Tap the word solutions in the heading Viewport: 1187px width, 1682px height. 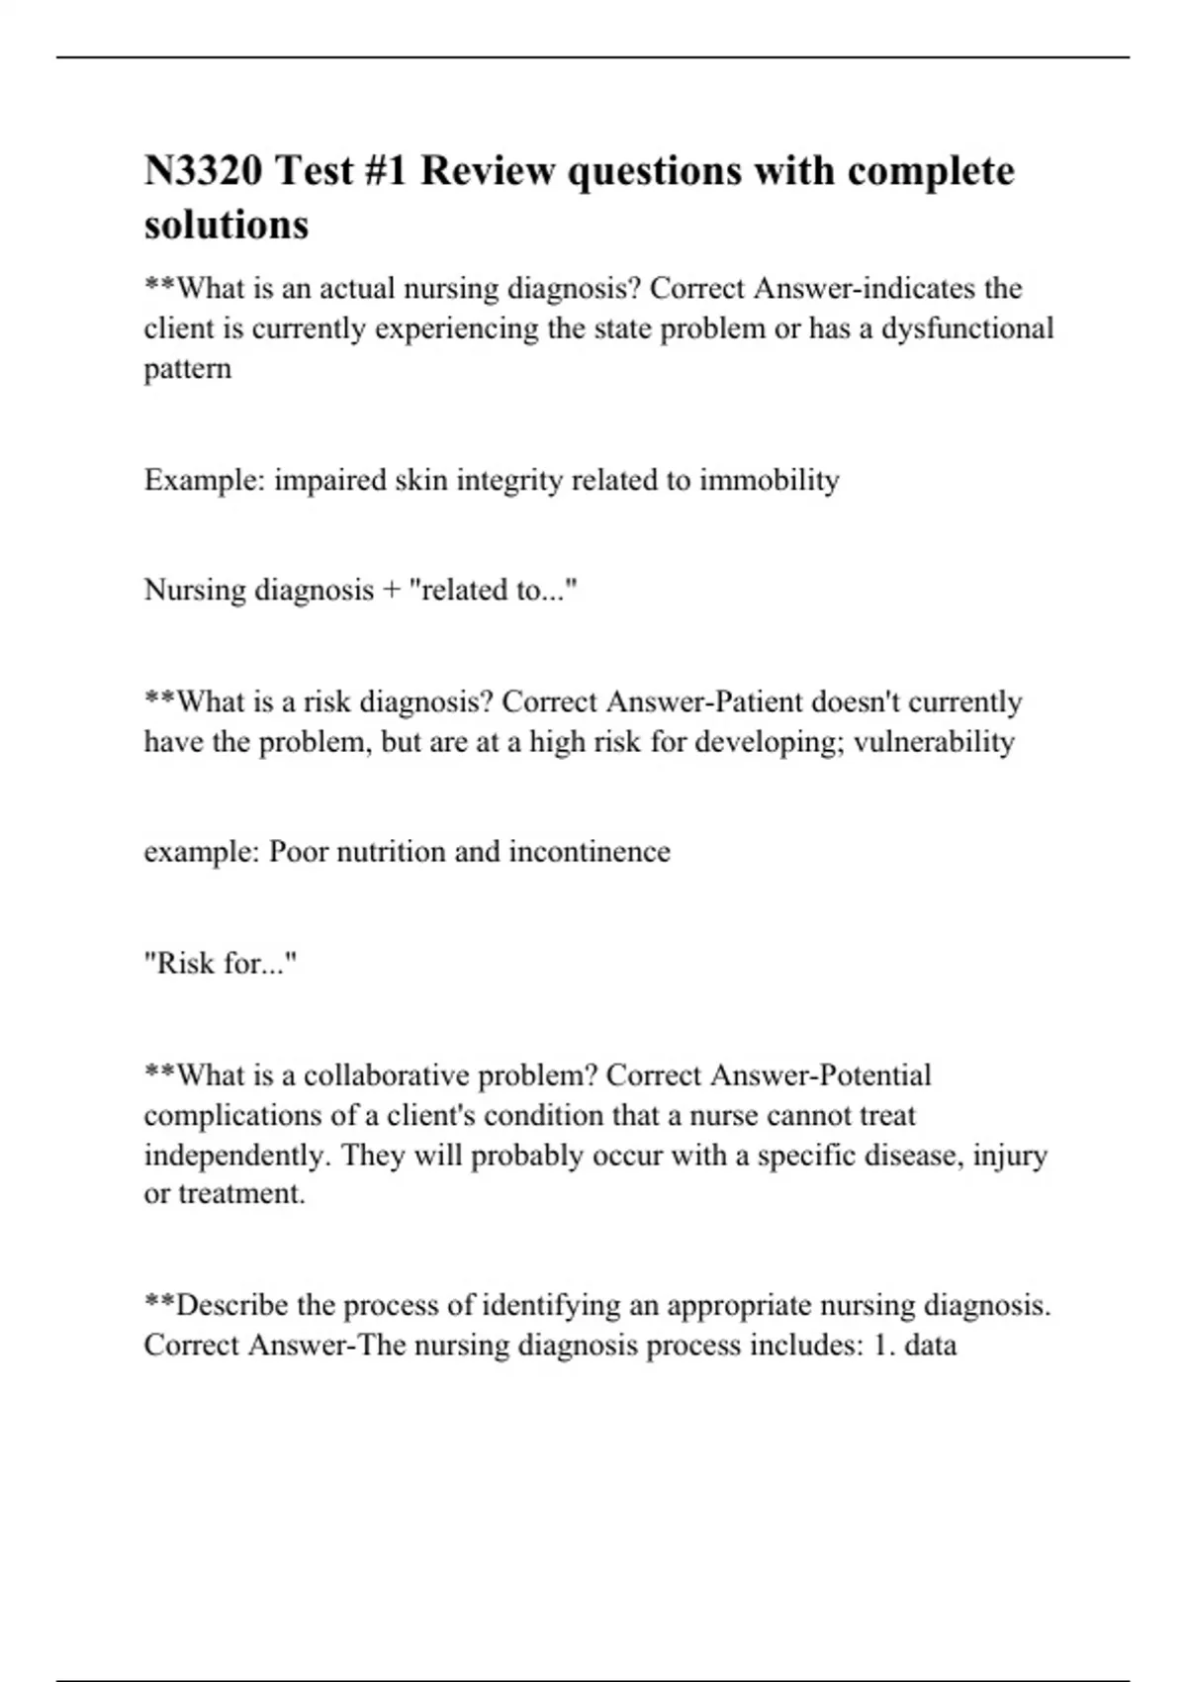(227, 225)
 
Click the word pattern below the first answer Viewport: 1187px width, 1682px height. (188, 369)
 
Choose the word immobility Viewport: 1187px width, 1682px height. (770, 481)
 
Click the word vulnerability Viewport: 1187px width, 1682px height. (934, 742)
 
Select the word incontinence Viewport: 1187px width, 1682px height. (590, 852)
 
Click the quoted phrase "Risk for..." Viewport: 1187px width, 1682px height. (221, 964)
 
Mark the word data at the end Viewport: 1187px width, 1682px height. (930, 1346)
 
